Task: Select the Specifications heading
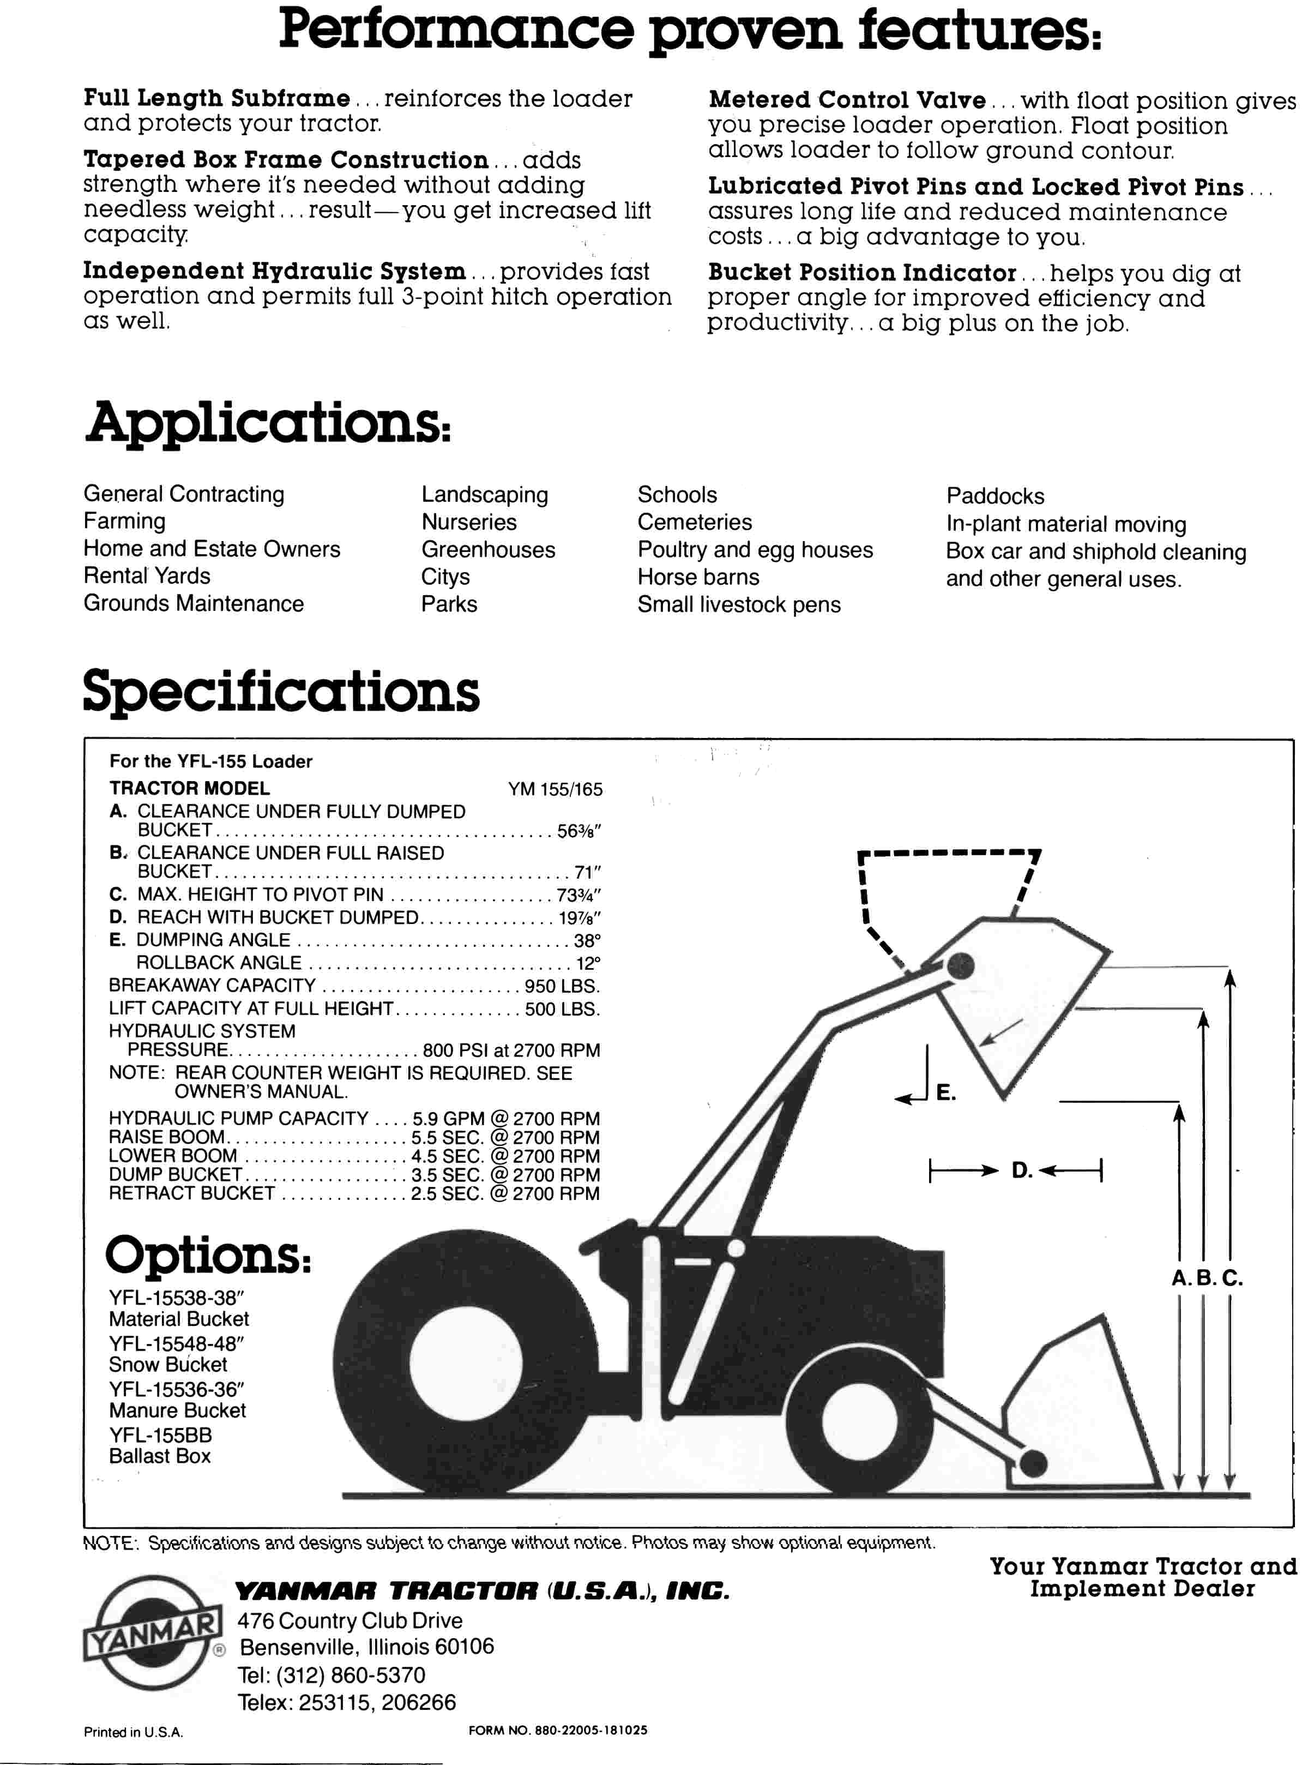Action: pos(281,692)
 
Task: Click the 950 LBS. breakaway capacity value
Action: pos(562,986)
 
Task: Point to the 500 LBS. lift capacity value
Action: pos(563,1009)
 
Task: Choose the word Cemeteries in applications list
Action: pos(695,522)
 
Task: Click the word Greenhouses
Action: pos(488,549)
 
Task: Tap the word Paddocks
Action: pos(994,496)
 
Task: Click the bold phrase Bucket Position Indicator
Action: pos(861,273)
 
